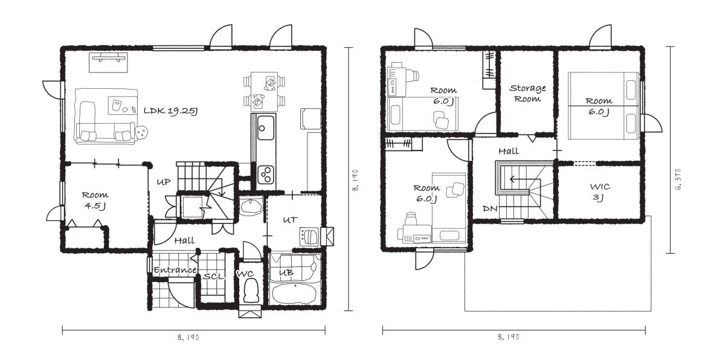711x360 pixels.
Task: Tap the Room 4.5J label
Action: pos(95,200)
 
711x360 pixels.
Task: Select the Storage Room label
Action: pos(527,93)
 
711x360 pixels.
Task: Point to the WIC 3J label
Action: pos(600,191)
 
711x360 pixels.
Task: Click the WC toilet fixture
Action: pos(250,291)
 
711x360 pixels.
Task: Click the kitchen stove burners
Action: pos(266,174)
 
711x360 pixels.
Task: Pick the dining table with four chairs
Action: pos(265,91)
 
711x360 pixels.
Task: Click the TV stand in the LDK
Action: pos(108,62)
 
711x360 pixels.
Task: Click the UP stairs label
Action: pos(163,182)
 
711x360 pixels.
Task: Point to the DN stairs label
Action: pos(490,208)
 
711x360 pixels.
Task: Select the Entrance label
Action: pos(175,270)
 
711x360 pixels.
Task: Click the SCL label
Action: pos(214,276)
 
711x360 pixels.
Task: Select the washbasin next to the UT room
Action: pos(251,207)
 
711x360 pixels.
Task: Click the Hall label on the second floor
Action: pos(508,151)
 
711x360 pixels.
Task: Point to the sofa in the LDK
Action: pos(106,117)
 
